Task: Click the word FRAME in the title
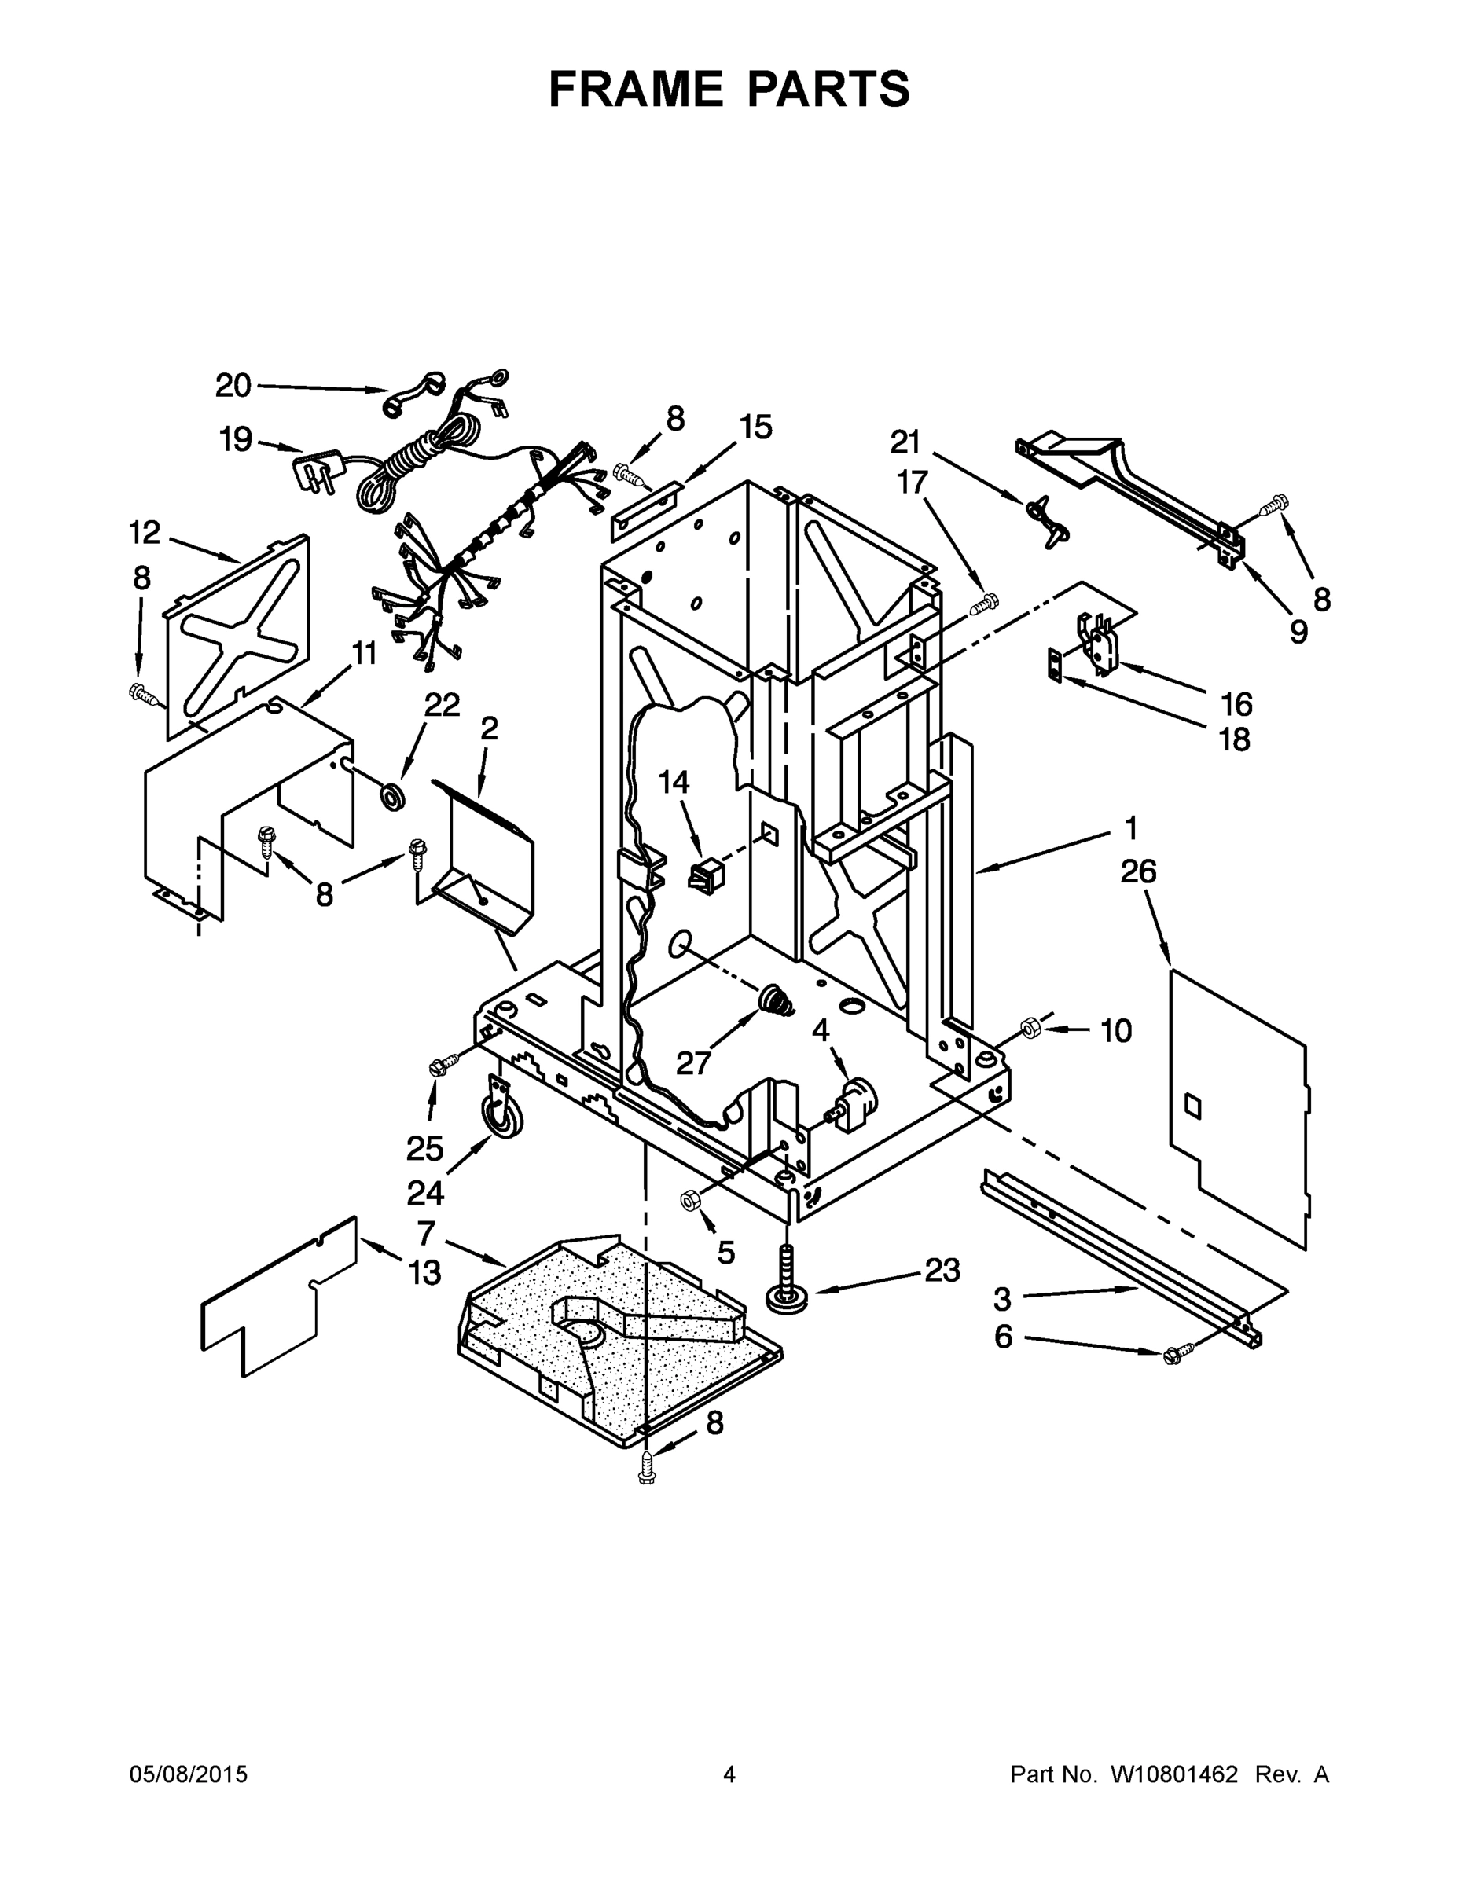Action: [637, 89]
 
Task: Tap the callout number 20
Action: [233, 386]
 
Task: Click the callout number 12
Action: [145, 533]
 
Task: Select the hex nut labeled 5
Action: [690, 1199]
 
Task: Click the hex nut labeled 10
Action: [1030, 1028]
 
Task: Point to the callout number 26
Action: [1138, 872]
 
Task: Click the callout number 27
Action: [693, 1062]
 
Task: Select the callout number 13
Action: [424, 1272]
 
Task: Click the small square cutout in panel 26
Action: [1192, 1104]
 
